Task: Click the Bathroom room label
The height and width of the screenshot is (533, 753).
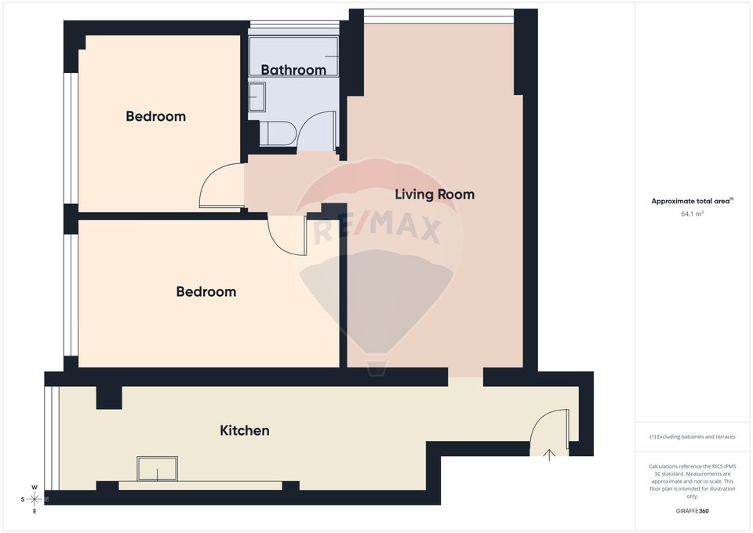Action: pos(293,70)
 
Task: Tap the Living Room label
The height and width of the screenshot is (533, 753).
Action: pos(434,194)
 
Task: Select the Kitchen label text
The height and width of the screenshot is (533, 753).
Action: pos(244,430)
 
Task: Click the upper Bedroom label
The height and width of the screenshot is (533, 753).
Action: pos(155,116)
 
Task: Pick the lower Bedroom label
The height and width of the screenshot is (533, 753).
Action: pos(206,291)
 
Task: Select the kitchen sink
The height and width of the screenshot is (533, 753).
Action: pos(157,469)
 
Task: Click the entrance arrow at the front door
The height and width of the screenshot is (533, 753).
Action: pos(549,454)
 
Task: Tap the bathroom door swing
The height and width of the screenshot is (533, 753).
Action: pos(318,130)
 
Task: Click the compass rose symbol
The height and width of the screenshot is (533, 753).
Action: pos(35,498)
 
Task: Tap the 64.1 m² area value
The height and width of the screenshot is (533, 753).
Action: pos(692,213)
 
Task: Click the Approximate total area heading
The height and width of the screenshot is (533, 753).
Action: pos(691,201)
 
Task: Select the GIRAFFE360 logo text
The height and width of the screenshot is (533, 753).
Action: pos(692,510)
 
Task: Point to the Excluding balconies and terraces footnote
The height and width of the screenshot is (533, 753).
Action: pos(692,436)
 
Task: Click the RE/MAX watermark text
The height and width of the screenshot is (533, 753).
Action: pos(377,228)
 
